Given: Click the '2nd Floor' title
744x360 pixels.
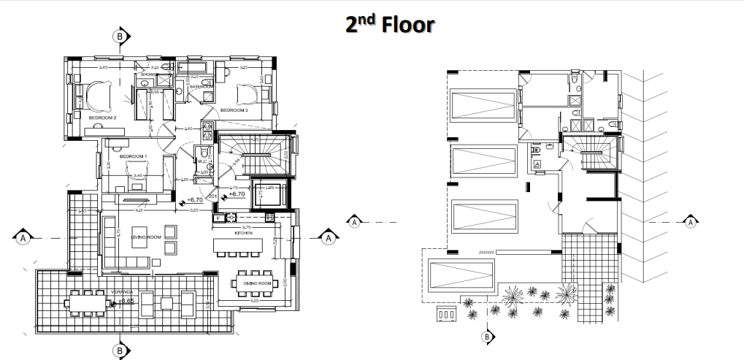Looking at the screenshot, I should (x=391, y=24).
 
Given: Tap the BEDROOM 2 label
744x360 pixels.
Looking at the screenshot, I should (x=103, y=117).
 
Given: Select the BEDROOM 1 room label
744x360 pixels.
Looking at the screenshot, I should (x=134, y=156).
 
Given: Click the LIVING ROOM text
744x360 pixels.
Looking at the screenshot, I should (x=145, y=237).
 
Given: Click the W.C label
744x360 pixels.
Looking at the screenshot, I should (x=202, y=161).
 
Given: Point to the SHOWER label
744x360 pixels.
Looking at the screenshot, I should (x=150, y=74).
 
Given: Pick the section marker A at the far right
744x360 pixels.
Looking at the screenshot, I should (x=691, y=221).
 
